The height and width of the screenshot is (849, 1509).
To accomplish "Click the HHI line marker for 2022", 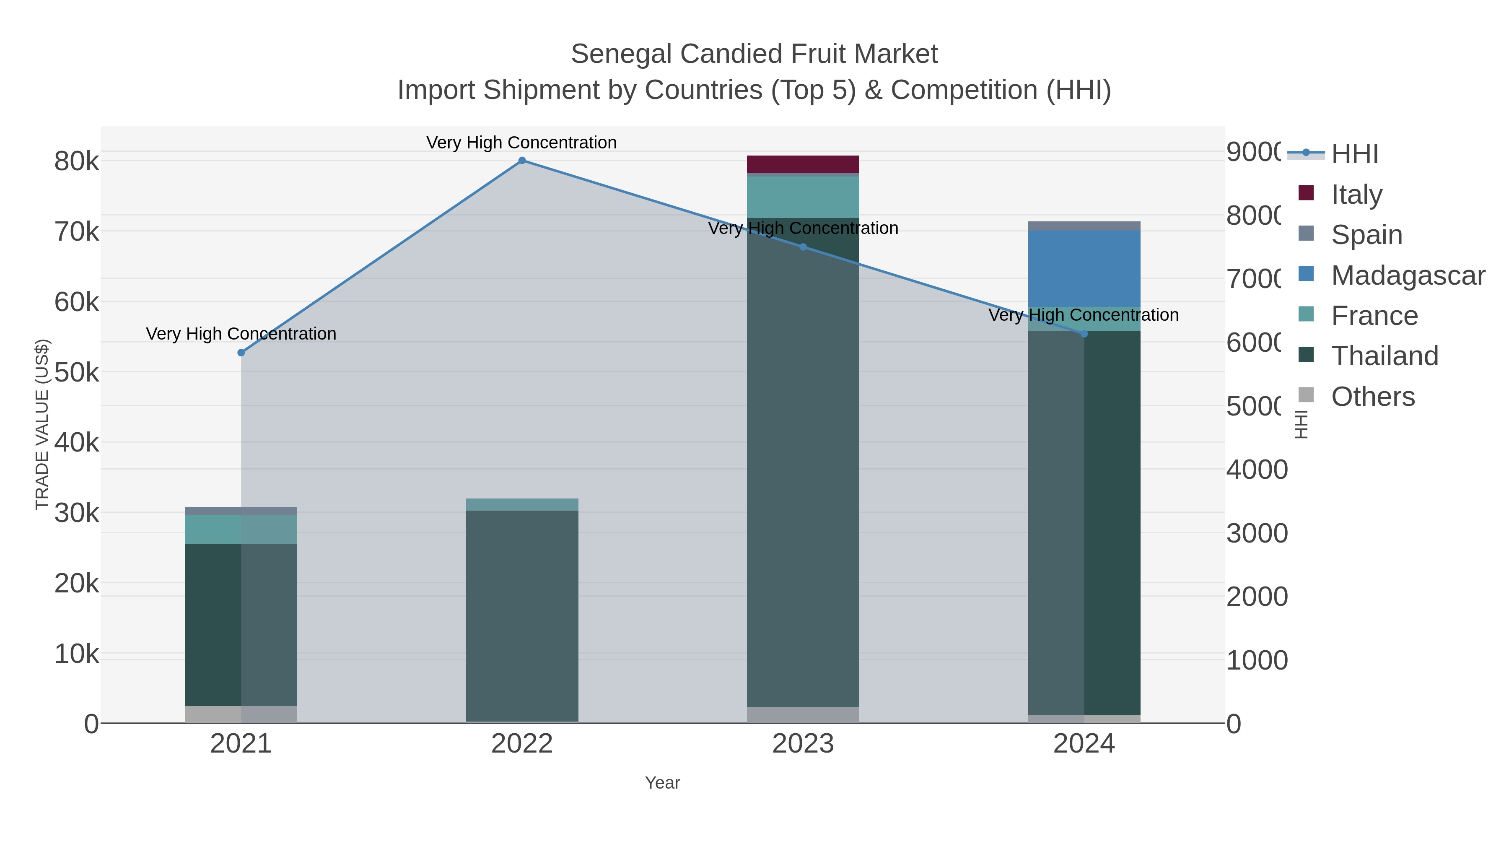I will [522, 161].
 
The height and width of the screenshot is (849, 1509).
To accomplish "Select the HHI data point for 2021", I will [241, 353].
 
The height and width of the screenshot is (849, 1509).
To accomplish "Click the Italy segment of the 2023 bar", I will [803, 164].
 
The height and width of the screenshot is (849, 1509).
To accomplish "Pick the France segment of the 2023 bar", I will [803, 197].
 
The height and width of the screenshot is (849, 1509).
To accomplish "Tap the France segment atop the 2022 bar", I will [522, 504].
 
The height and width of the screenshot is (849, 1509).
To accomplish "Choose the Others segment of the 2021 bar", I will [241, 714].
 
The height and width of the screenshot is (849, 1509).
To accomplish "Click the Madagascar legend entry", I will [1408, 275].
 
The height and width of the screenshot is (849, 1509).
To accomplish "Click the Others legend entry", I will [1372, 397].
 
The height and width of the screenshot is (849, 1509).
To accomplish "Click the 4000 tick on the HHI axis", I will [1257, 470].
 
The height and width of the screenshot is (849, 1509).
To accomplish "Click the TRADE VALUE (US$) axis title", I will [42, 424].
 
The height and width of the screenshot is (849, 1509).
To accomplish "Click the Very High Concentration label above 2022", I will [521, 143].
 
